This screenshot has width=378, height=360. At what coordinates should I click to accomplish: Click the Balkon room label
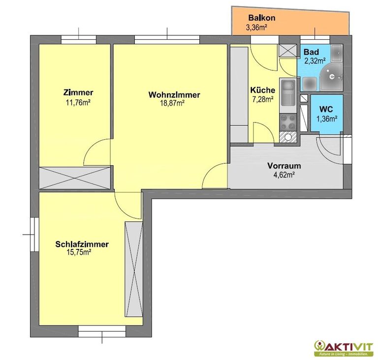(262, 18)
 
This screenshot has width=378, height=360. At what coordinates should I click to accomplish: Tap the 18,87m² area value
(172, 103)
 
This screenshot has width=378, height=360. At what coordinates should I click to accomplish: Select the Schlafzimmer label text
(82, 244)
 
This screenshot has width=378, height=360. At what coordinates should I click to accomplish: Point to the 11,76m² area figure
(78, 103)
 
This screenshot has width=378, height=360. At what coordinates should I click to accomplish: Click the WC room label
(326, 109)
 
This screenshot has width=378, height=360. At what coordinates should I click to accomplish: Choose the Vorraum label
(284, 166)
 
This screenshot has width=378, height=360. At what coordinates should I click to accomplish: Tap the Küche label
(263, 90)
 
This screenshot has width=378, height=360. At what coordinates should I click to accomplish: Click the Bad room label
(311, 52)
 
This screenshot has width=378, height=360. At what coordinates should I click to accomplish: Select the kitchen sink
(288, 92)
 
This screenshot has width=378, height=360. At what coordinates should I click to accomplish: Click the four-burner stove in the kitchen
(288, 122)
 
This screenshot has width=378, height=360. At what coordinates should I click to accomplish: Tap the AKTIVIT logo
(343, 348)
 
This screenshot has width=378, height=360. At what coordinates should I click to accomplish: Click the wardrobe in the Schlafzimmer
(134, 270)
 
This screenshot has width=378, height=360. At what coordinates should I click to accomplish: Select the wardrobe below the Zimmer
(75, 178)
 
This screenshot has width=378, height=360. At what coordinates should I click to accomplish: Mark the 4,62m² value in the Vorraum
(284, 175)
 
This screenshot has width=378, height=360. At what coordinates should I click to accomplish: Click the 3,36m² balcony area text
(256, 27)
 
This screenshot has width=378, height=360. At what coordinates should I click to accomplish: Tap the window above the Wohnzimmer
(167, 39)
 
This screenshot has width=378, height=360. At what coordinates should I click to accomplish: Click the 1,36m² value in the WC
(326, 119)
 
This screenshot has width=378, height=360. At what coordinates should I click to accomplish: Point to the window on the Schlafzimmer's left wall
(34, 234)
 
